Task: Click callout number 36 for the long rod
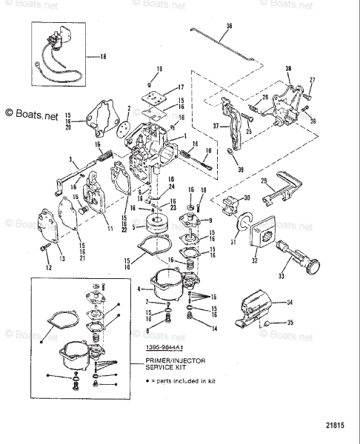click(x=228, y=26)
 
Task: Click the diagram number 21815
click(x=336, y=424)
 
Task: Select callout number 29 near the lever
click(x=241, y=181)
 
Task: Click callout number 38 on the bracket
click(x=288, y=68)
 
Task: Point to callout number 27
click(x=312, y=79)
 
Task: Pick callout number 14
click(x=214, y=328)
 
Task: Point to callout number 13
click(x=62, y=258)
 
